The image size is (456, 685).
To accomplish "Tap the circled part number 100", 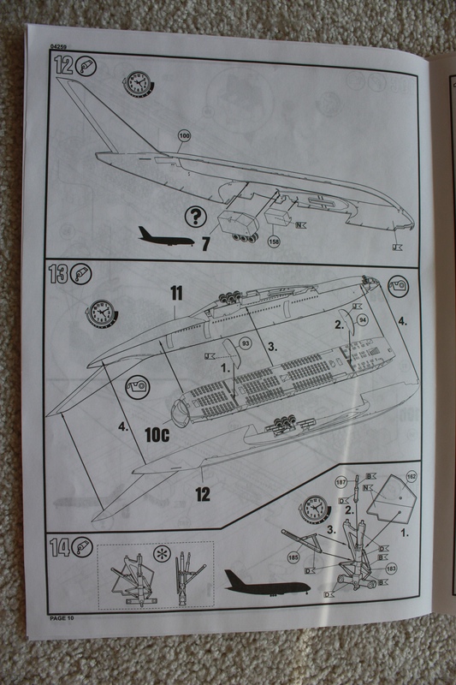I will (x=183, y=136).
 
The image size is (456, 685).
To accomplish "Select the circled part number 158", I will (x=273, y=241).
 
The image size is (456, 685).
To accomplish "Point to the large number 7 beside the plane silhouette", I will (x=205, y=243).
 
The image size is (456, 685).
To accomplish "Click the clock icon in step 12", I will (x=137, y=84).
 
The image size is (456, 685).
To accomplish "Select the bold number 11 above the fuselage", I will (x=176, y=294).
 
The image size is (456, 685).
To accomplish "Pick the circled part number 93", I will (x=245, y=342).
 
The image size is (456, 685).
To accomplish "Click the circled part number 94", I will (x=362, y=319).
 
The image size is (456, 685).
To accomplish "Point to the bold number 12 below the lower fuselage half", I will (x=203, y=494).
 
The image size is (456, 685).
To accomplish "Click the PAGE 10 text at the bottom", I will (x=64, y=617).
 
